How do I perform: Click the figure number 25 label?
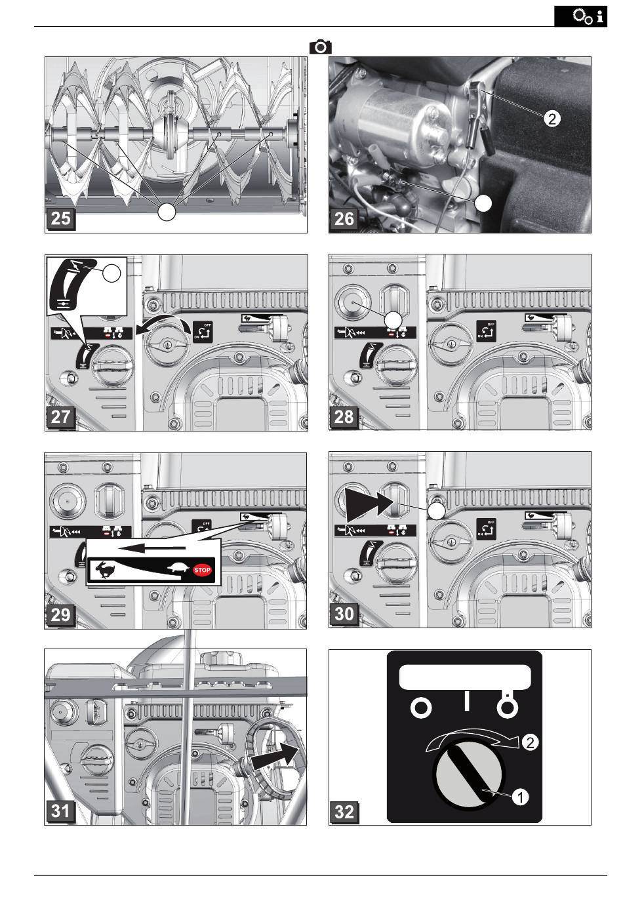(x=60, y=218)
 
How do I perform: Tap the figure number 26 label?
(x=344, y=218)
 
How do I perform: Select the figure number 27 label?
(x=60, y=416)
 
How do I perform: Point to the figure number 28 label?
(x=344, y=416)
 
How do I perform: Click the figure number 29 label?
(x=60, y=614)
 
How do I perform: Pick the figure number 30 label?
(x=344, y=614)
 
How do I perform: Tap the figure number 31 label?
(x=60, y=811)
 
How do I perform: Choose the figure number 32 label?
(x=344, y=811)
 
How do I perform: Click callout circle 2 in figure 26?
(x=552, y=119)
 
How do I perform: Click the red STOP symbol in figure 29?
(x=203, y=570)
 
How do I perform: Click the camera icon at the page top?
(x=321, y=47)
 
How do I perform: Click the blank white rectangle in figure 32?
(x=465, y=676)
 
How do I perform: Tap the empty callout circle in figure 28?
(x=392, y=319)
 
